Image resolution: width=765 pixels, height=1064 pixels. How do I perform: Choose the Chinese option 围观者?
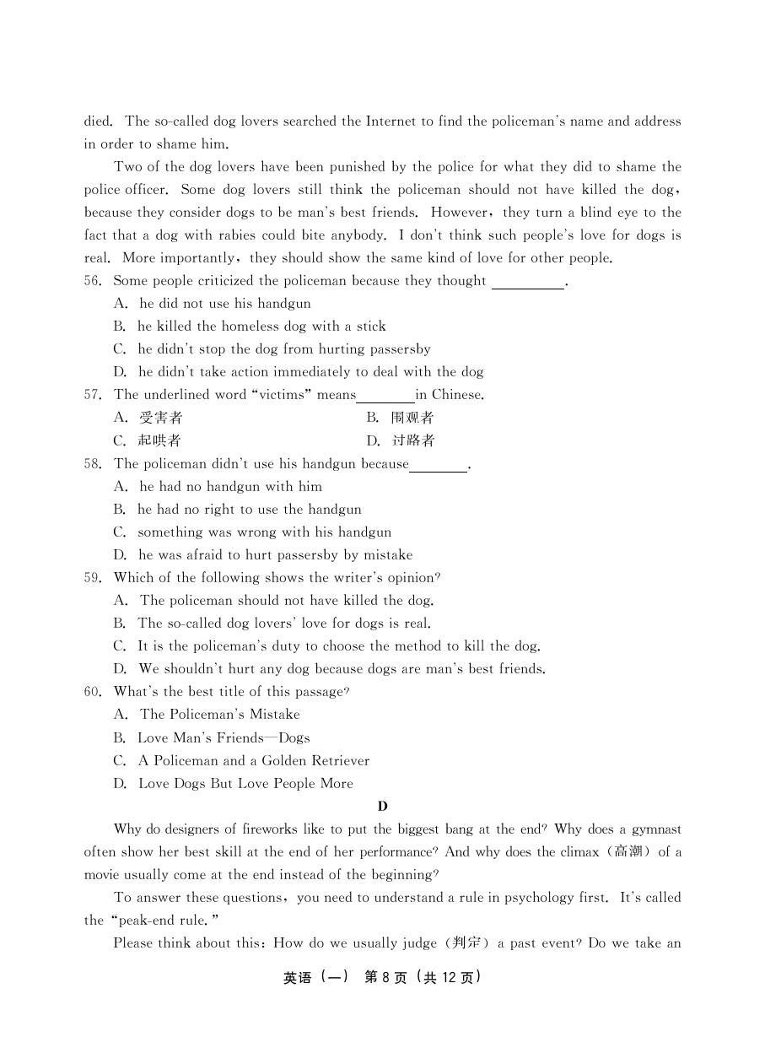click(x=412, y=418)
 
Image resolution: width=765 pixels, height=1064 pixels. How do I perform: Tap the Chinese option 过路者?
click(x=413, y=440)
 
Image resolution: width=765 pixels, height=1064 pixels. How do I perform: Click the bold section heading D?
click(x=382, y=806)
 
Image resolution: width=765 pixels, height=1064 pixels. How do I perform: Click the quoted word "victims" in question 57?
click(x=281, y=395)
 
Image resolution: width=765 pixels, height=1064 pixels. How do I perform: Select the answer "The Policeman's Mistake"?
click(x=219, y=715)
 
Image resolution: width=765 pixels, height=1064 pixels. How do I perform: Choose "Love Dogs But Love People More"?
click(x=245, y=783)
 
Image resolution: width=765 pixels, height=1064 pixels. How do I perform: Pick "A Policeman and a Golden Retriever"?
click(x=253, y=760)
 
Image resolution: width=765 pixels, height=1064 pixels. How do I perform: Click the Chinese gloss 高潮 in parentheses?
click(x=628, y=852)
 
